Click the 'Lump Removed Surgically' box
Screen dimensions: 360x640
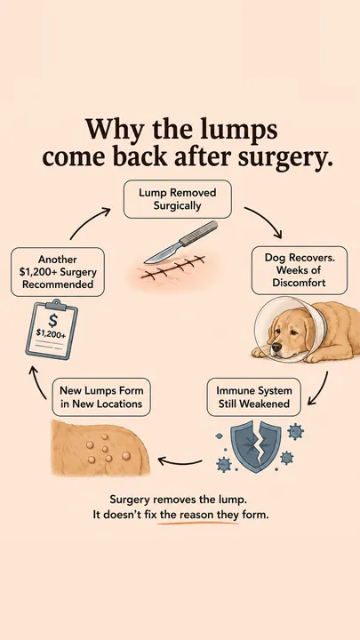click(x=177, y=199)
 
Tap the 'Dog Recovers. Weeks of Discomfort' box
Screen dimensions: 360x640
click(x=300, y=270)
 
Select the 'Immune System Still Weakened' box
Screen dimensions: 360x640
click(x=253, y=397)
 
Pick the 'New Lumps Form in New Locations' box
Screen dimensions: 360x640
click(x=101, y=397)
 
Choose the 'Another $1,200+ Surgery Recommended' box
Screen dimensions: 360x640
click(x=58, y=272)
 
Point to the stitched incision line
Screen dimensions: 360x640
click(x=172, y=267)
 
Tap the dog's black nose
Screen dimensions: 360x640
click(x=276, y=348)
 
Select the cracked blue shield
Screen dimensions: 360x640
click(x=256, y=447)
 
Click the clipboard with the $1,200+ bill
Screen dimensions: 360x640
click(x=52, y=329)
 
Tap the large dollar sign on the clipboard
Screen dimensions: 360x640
click(x=52, y=320)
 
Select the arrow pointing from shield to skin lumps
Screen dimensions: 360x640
click(x=180, y=462)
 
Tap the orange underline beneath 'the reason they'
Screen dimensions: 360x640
click(x=198, y=523)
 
